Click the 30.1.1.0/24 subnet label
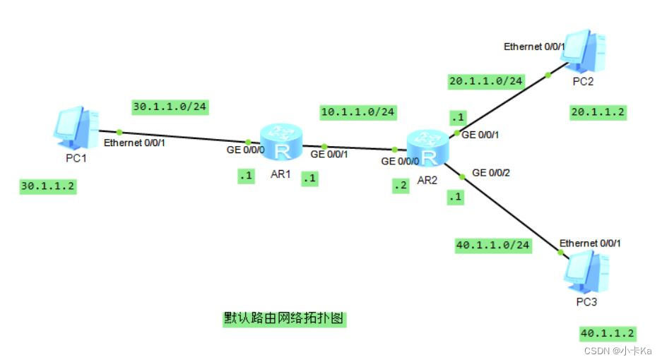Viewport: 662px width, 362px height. coord(170,107)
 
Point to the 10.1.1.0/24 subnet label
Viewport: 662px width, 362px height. coord(358,111)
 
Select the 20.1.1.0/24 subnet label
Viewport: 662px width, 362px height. coord(486,81)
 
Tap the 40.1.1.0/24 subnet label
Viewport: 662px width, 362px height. coord(493,246)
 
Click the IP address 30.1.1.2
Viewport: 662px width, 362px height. coord(48,186)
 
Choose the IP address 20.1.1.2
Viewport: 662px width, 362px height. coord(598,111)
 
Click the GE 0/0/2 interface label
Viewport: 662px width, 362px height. coord(491,172)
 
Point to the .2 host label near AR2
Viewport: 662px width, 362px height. coord(400,186)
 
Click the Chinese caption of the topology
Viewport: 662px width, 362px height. coord(283,319)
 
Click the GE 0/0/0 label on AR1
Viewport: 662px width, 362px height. coord(245,150)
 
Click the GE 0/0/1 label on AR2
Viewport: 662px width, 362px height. coord(480,135)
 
